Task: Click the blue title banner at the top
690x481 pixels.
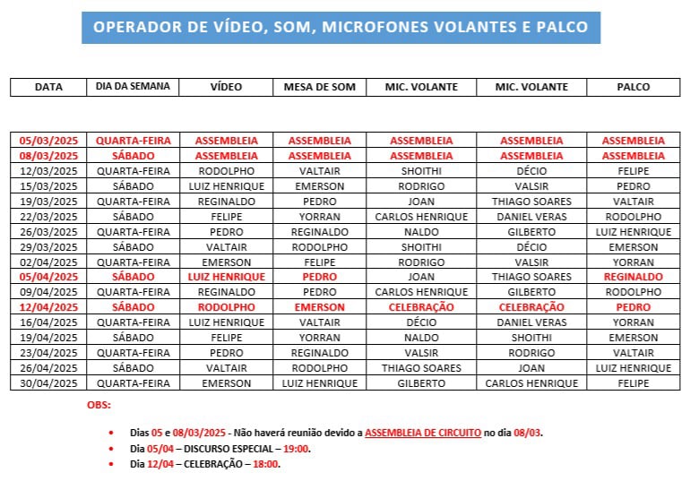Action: (341, 27)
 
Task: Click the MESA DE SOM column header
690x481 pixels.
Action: (320, 87)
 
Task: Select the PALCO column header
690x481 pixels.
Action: (634, 87)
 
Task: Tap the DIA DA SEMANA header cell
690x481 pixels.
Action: (133, 87)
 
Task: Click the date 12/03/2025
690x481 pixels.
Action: (49, 170)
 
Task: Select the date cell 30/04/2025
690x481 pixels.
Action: (49, 383)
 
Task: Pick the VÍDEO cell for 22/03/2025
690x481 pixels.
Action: (227, 216)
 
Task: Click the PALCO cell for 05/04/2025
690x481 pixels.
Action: (634, 277)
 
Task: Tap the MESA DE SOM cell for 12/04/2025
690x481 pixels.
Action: (320, 307)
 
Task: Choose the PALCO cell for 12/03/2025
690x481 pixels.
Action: (634, 170)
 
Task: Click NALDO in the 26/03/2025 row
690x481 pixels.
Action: (421, 231)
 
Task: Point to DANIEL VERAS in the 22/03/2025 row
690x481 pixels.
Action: (531, 216)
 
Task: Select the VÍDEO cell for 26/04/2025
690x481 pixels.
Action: (227, 368)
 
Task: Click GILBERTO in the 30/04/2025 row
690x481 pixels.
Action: (421, 383)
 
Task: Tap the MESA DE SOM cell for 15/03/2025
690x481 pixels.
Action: (320, 185)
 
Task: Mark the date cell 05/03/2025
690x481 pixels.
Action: (49, 140)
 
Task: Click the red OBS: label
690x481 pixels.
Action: (99, 405)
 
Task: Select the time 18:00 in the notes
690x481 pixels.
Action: (266, 464)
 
